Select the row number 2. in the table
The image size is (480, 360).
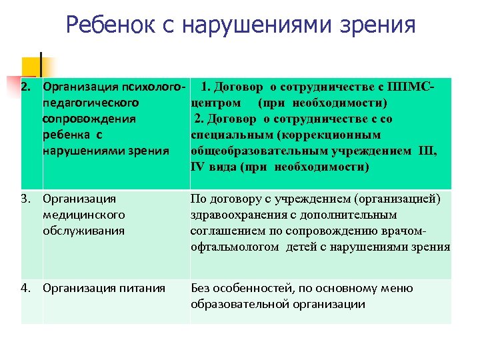pyautogui.click(x=28, y=87)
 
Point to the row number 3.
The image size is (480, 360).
pyautogui.click(x=28, y=199)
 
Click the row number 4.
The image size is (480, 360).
pyautogui.click(x=28, y=288)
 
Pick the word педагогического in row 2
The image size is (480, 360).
pyautogui.click(x=90, y=103)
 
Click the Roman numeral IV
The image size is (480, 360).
pyautogui.click(x=199, y=167)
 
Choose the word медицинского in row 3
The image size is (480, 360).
pyautogui.click(x=83, y=215)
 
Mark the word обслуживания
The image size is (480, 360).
pyautogui.click(x=83, y=231)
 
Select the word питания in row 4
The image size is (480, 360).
pyautogui.click(x=144, y=288)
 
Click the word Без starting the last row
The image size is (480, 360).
pyautogui.click(x=201, y=288)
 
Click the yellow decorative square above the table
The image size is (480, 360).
pyautogui.click(x=29, y=66)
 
